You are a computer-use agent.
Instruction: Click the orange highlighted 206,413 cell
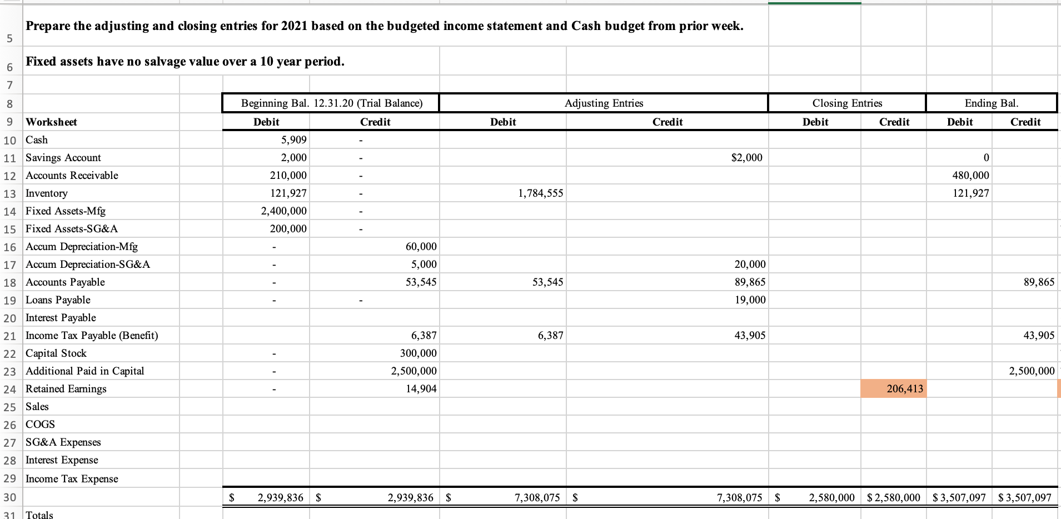[904, 389]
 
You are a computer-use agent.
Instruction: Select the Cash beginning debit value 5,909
[294, 140]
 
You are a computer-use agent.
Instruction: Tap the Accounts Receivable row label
[72, 176]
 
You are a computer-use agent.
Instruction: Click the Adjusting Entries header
[604, 103]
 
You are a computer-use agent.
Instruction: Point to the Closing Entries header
[847, 103]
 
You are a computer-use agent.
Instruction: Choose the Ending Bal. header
[992, 103]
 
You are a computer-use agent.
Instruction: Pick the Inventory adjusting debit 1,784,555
[540, 193]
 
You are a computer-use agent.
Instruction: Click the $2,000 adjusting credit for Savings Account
[746, 158]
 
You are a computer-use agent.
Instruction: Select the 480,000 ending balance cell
[970, 176]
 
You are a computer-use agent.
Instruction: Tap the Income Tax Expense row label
[72, 479]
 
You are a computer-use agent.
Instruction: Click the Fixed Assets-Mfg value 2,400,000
[283, 211]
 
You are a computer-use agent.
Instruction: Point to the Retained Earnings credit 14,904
[421, 389]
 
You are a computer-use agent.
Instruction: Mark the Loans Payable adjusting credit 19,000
[750, 300]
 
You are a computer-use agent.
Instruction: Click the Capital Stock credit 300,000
[418, 353]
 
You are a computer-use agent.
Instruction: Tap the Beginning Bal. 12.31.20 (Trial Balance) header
[331, 103]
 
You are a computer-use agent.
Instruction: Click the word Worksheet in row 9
[51, 122]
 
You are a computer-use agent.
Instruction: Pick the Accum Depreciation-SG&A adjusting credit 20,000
[750, 265]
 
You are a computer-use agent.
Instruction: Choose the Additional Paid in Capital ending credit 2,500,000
[1032, 371]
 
